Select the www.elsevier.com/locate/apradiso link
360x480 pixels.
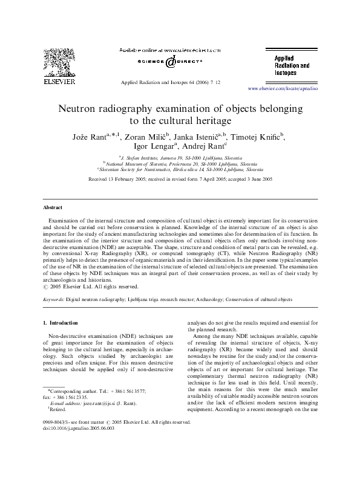(283, 88)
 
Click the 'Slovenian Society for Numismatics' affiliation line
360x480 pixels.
(180, 169)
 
